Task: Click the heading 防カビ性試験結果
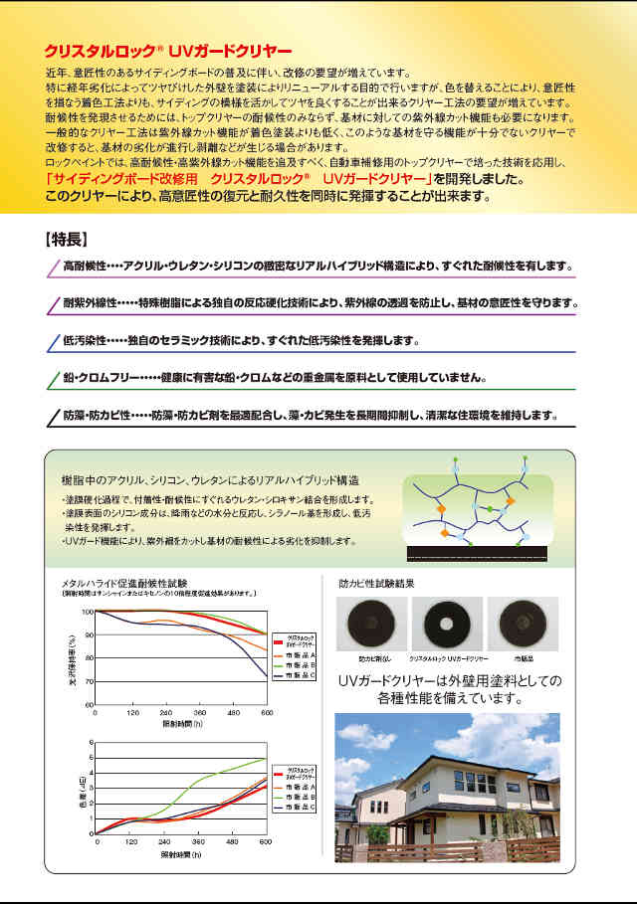(373, 584)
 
